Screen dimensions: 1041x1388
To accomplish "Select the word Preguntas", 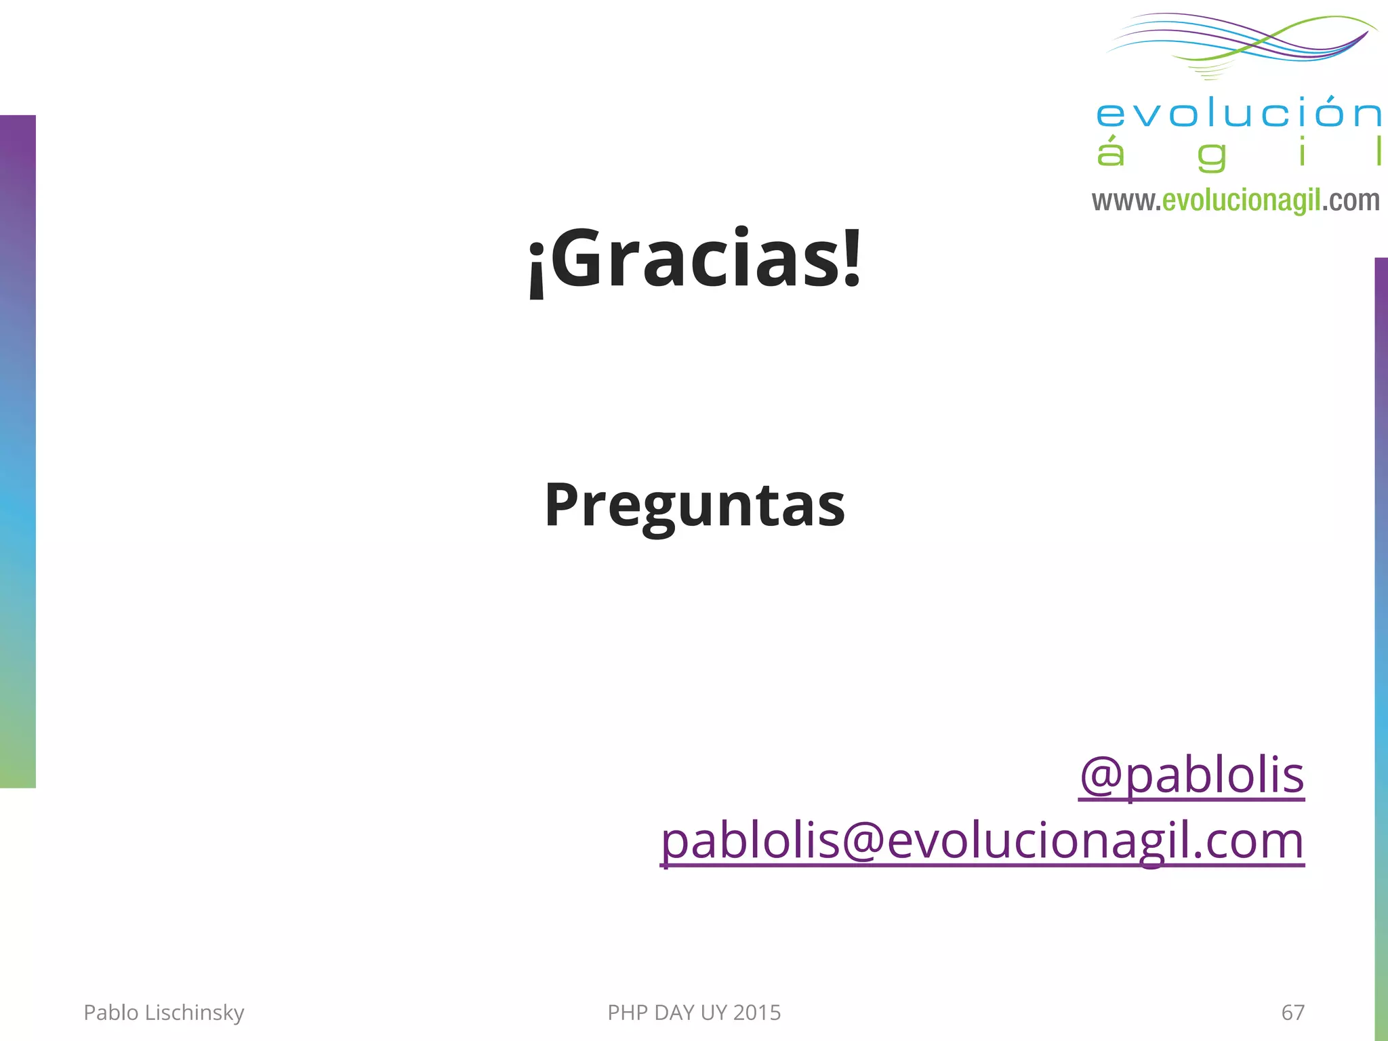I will tap(695, 505).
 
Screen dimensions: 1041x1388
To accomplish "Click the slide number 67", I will tap(1292, 1013).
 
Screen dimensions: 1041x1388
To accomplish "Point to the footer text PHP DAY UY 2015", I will tap(694, 1013).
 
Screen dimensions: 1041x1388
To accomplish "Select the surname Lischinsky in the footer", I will tap(195, 1013).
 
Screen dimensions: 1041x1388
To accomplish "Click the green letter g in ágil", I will tap(1212, 155).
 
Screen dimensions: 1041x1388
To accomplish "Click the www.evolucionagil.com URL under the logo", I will tap(1236, 201).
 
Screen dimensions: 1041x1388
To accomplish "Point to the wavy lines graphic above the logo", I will tap(1240, 42).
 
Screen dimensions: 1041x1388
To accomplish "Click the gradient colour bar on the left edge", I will tap(18, 451).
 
